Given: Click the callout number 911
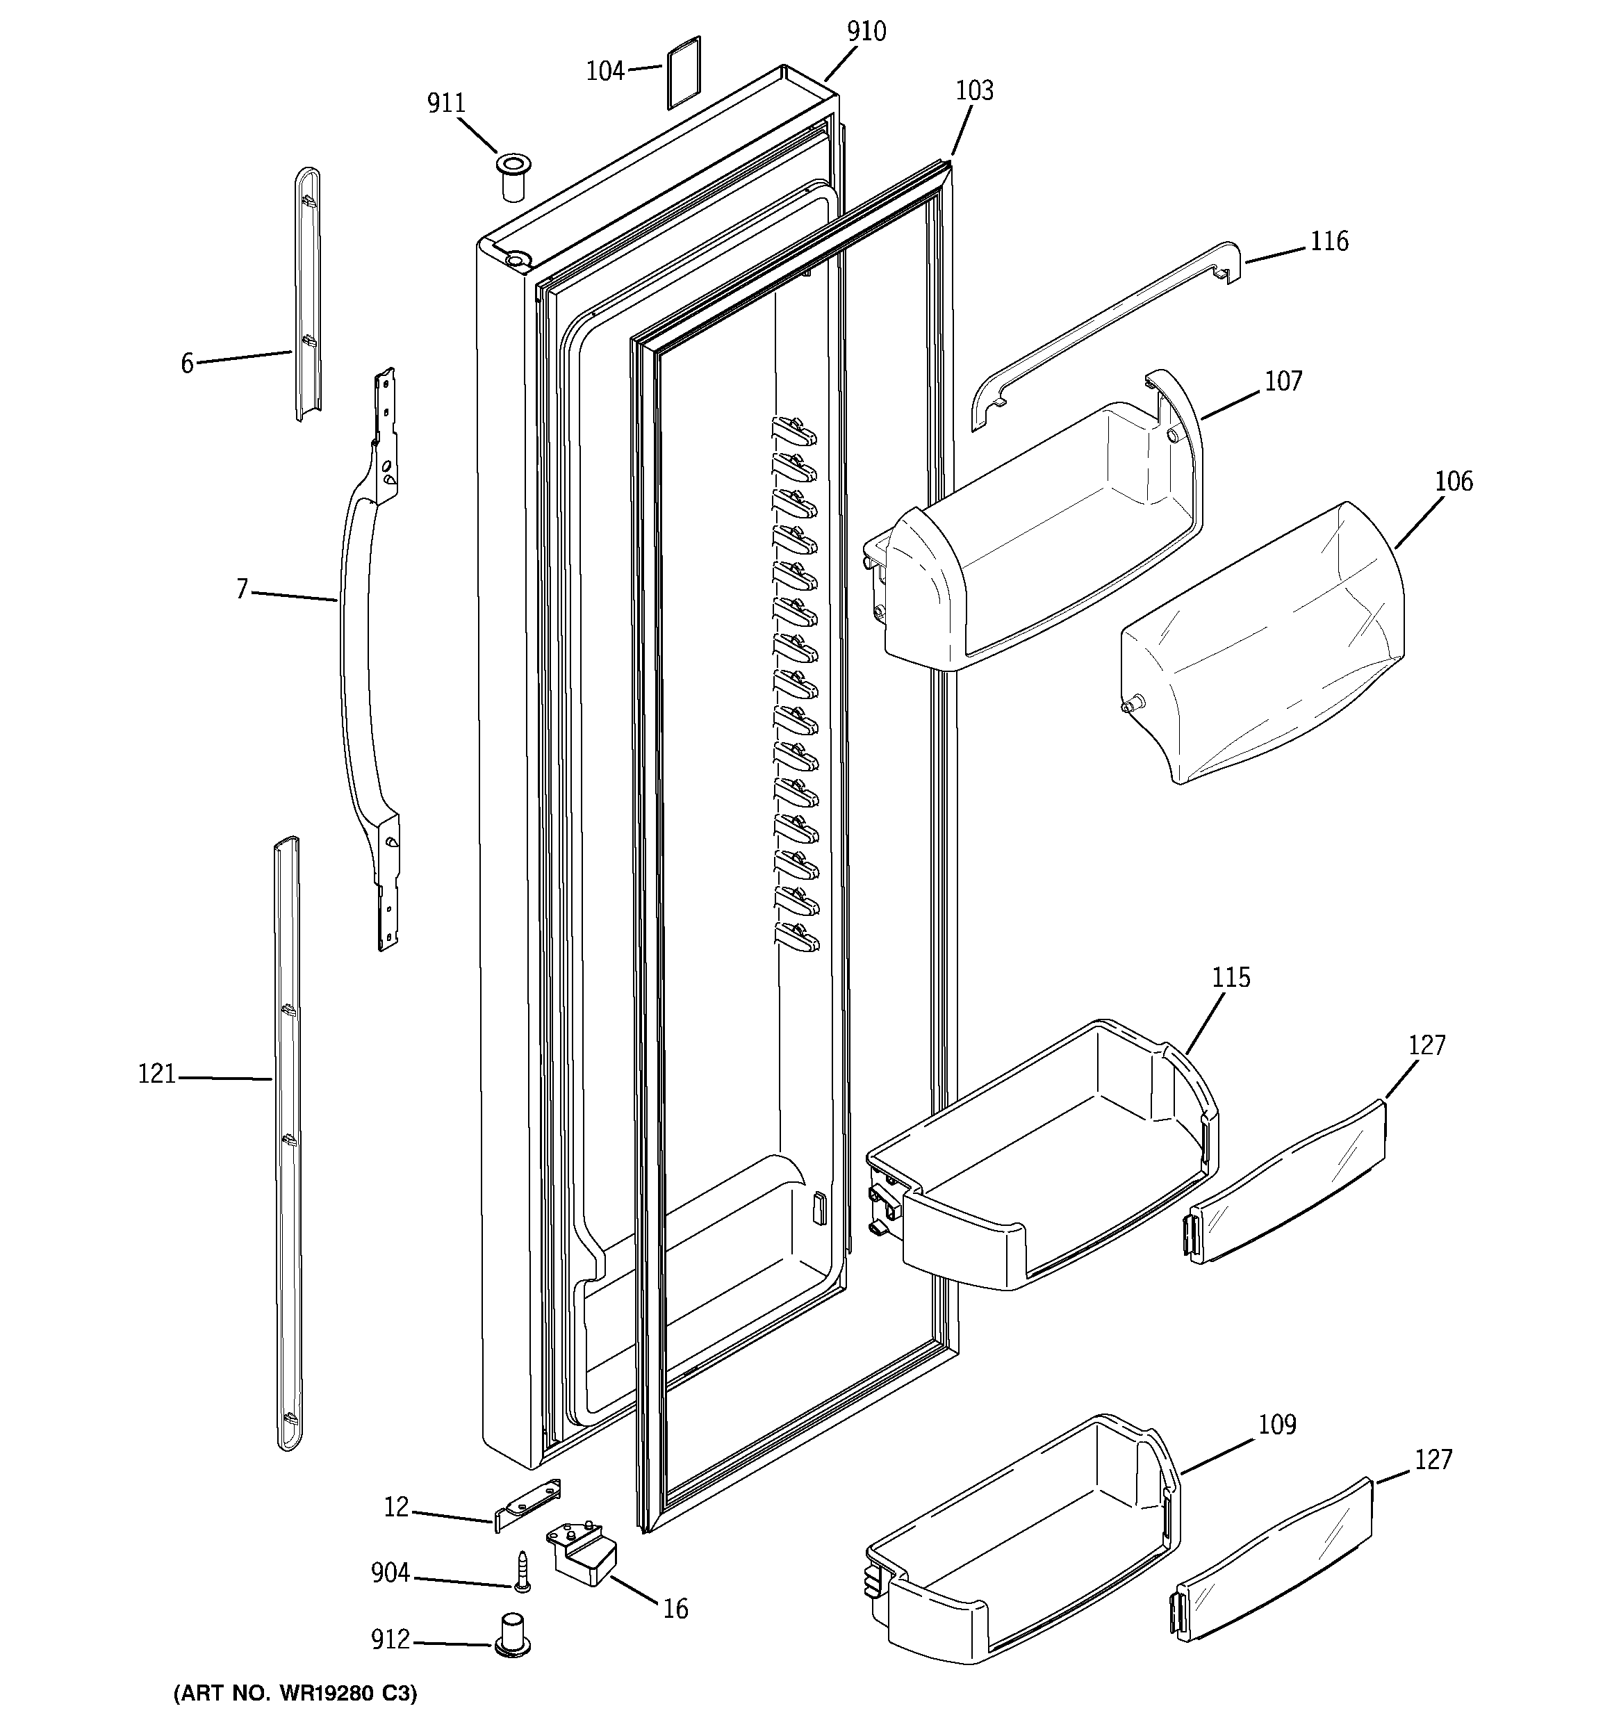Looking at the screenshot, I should (445, 104).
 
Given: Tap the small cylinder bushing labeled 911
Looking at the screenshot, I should (512, 177).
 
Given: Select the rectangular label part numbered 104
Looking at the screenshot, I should (683, 73).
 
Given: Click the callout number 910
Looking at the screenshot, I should (866, 32).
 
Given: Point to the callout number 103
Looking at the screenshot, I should (974, 91).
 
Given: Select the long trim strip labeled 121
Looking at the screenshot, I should (287, 1142).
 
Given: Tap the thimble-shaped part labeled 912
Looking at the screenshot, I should (513, 1634).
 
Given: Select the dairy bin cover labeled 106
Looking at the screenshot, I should (1263, 645).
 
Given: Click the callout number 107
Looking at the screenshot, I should (1283, 382).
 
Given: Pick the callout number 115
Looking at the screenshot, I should (1231, 978).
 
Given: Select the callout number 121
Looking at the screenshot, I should (156, 1074).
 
